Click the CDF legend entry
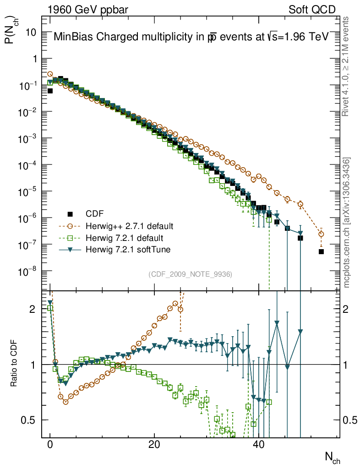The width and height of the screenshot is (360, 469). (94, 214)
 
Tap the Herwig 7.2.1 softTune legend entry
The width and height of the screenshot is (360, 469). (128, 250)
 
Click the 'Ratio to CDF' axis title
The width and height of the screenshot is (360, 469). (14, 365)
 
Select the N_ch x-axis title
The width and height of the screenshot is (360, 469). (332, 456)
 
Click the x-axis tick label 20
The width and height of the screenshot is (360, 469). (154, 445)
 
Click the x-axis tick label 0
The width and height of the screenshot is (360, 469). (50, 445)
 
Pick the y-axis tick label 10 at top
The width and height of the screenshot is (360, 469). (31, 33)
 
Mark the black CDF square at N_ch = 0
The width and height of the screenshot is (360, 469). (50, 91)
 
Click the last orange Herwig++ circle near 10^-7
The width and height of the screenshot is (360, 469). (321, 234)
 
